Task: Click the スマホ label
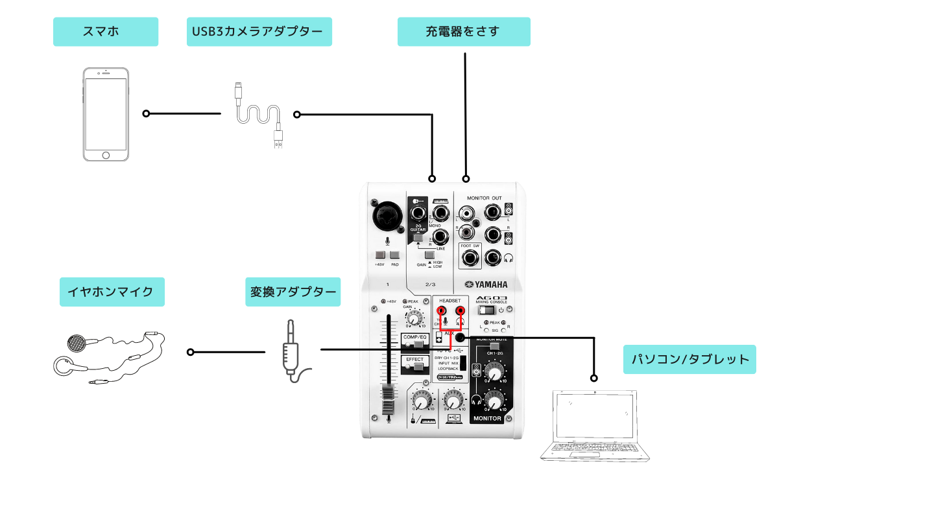pos(106,32)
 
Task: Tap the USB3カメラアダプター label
pos(259,32)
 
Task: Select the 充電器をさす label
pos(464,32)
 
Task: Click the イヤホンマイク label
pos(112,292)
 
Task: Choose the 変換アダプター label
pos(293,292)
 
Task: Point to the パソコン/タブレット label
pos(689,359)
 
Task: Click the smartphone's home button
pos(106,155)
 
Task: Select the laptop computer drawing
pos(594,425)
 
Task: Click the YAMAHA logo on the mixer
pos(486,285)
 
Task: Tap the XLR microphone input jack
pos(387,215)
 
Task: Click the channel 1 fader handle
pos(388,399)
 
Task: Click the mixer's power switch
pos(487,310)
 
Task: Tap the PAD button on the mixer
pos(395,255)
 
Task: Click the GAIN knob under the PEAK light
pos(413,318)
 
